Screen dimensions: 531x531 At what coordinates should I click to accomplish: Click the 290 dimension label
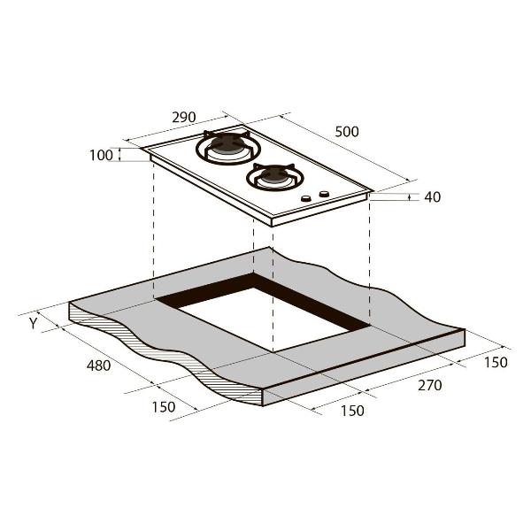[x=184, y=117]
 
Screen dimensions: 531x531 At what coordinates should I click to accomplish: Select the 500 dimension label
[x=347, y=132]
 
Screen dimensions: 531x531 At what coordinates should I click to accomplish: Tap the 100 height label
[x=101, y=156]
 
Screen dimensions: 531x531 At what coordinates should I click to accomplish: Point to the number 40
[x=433, y=197]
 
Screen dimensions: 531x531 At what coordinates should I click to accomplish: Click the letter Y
[x=33, y=324]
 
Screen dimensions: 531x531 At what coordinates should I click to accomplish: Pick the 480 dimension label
[x=98, y=366]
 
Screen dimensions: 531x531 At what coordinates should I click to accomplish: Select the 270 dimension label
[x=430, y=385]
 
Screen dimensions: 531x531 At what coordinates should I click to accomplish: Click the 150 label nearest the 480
[x=164, y=407]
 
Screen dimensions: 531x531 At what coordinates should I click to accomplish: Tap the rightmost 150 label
[x=496, y=362]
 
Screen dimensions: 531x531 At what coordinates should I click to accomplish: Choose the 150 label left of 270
[x=352, y=411]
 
